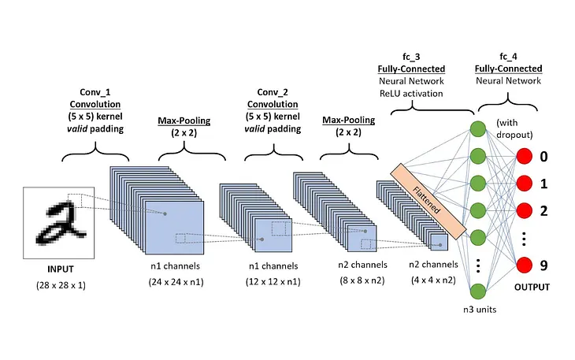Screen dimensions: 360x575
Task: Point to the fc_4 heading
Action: [x=508, y=58]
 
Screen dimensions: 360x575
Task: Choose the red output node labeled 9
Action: [x=526, y=265]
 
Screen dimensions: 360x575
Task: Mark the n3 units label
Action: [x=477, y=310]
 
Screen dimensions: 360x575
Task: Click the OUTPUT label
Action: [x=532, y=286]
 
